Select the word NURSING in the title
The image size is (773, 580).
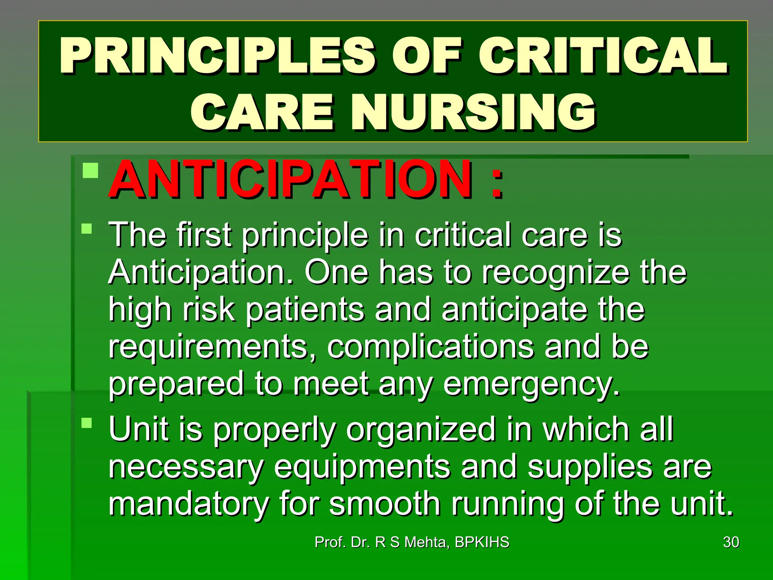(x=474, y=113)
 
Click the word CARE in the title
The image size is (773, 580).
(x=262, y=113)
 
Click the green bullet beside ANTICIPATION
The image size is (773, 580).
(x=91, y=170)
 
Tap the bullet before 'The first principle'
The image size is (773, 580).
(x=87, y=229)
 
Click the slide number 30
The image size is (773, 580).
(x=731, y=542)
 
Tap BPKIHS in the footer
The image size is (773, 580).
(x=482, y=542)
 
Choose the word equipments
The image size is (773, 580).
(x=362, y=467)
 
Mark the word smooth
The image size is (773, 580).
(x=385, y=504)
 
